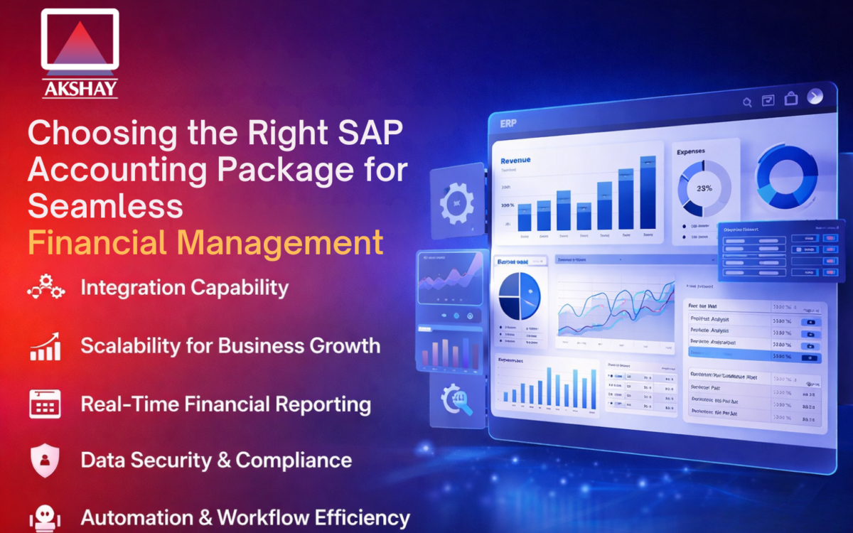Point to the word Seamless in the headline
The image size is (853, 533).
coord(105,205)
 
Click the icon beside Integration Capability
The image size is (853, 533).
coord(46,288)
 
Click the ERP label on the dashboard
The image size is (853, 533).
coord(509,124)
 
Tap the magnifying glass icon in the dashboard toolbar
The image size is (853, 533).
coord(747,102)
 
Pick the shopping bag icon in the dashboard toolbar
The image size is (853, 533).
coord(790,100)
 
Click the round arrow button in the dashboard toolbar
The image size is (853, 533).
coord(815,97)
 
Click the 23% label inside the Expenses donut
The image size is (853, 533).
coord(704,189)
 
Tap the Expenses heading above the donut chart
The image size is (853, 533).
coord(692,152)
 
